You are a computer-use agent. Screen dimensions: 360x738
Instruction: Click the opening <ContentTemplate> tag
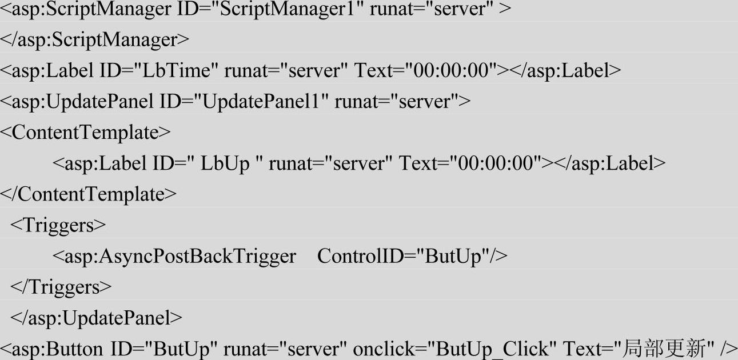[85, 133]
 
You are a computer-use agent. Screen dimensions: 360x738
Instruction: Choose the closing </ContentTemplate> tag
[89, 194]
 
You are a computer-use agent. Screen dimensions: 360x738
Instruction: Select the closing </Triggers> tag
[61, 287]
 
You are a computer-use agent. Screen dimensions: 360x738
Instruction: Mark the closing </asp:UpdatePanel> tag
[97, 318]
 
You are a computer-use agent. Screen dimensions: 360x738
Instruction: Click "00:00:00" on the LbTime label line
[450, 71]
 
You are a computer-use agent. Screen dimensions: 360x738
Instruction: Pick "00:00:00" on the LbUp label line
[495, 163]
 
